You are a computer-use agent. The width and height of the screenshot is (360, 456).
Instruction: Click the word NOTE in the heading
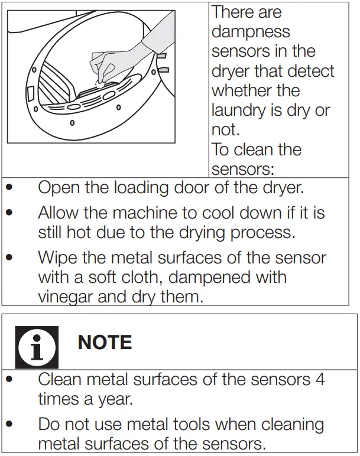[x=105, y=342]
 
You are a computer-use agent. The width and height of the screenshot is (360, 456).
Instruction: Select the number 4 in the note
[x=320, y=379]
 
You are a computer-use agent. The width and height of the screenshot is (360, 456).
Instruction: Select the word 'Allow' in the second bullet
[x=61, y=212]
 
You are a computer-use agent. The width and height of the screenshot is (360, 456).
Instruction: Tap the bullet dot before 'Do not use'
[x=10, y=424]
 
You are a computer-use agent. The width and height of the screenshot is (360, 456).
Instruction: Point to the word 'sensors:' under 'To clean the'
[x=242, y=169]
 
